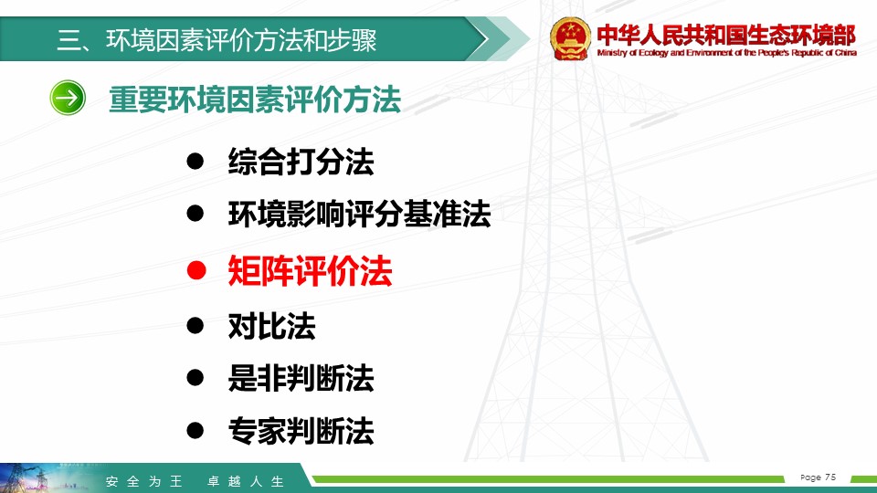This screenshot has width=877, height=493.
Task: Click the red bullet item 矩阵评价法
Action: [x=310, y=271]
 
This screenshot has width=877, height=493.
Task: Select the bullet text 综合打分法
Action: [x=301, y=163]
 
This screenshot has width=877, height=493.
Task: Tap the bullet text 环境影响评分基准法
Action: [x=359, y=214]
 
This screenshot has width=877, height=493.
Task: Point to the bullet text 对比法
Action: [x=272, y=326]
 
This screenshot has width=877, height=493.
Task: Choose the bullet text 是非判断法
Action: [x=301, y=378]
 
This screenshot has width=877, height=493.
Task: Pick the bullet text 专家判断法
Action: [x=301, y=430]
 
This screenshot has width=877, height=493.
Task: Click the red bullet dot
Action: [x=196, y=270]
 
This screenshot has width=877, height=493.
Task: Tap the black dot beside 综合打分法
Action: [x=195, y=162]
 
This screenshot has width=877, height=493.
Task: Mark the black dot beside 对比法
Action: [x=195, y=325]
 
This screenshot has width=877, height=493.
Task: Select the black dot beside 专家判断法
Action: [x=195, y=430]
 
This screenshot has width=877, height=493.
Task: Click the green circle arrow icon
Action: [x=68, y=98]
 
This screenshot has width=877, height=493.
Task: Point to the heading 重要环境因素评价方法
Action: [x=255, y=100]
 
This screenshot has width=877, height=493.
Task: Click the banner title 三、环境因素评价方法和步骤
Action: [x=217, y=40]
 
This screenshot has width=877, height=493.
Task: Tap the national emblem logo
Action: [x=570, y=38]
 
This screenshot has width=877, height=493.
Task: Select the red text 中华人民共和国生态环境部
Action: [x=726, y=36]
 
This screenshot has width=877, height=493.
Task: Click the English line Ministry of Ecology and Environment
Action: [x=726, y=53]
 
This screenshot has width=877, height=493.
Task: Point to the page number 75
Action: [x=830, y=477]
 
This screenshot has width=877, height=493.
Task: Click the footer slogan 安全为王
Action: [x=144, y=481]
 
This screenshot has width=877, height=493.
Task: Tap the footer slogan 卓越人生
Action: [x=246, y=481]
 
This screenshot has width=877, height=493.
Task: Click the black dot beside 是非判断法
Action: [x=195, y=377]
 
